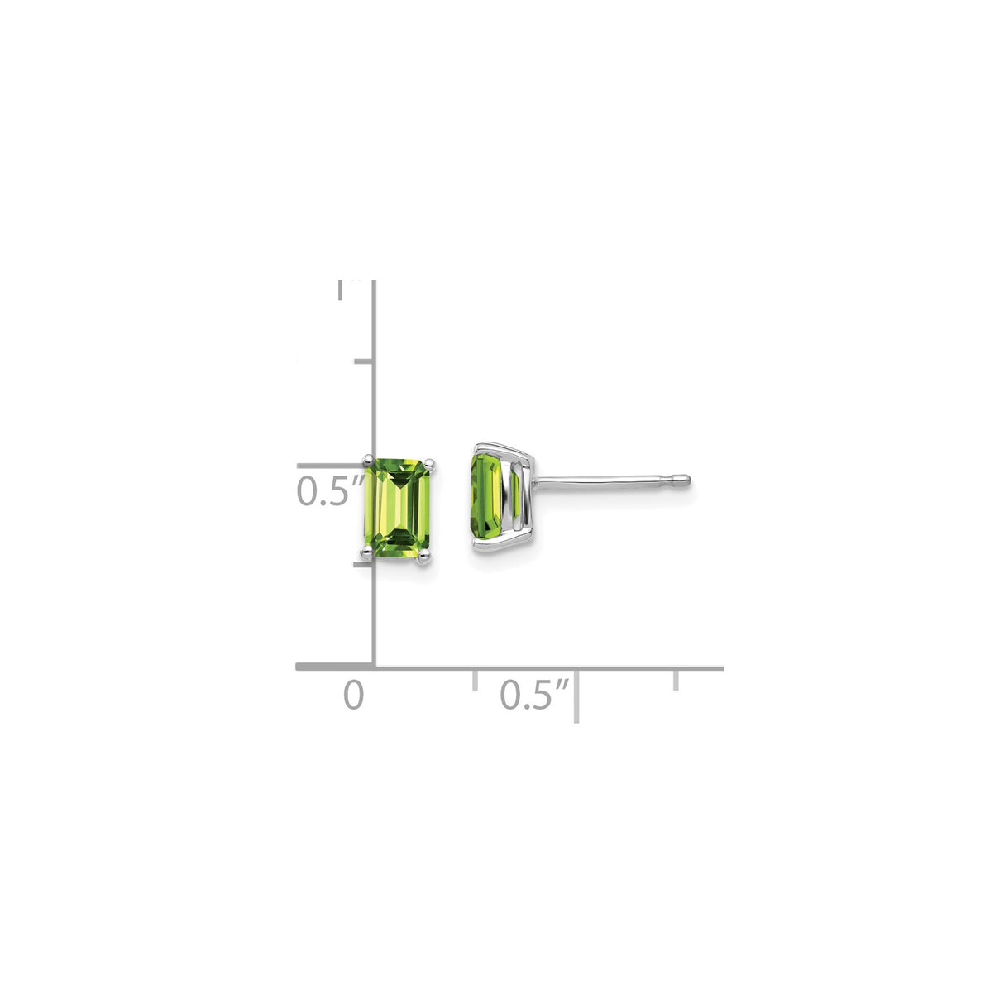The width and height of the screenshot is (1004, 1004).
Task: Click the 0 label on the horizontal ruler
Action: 353,696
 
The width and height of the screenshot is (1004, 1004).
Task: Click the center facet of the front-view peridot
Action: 399,509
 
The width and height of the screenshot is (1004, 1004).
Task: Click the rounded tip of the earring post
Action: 685,480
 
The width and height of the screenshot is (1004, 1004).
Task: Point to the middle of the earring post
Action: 612,480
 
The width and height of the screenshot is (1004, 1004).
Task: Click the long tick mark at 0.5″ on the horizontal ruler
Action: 576,696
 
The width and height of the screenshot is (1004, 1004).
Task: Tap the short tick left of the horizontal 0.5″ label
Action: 475,681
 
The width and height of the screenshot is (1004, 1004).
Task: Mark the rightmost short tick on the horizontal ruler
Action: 677,681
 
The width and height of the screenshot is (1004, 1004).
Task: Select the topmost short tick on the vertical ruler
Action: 363,361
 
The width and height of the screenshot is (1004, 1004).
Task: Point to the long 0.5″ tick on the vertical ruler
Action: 335,466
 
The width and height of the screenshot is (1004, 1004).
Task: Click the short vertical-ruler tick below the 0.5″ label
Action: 361,566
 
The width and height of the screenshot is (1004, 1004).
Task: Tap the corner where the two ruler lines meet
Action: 375,667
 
